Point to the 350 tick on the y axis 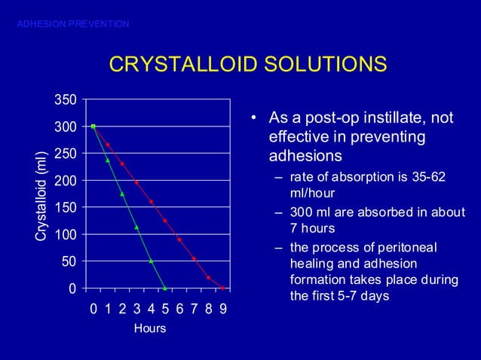click(65, 99)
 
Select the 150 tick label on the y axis click(65, 207)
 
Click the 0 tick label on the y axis click(72, 288)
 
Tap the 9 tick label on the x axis click(223, 309)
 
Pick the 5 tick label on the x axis click(165, 309)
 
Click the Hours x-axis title click(149, 329)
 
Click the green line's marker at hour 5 click(165, 288)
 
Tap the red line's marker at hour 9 click(223, 288)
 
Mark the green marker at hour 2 click(122, 194)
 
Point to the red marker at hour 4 click(151, 201)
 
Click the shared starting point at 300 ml click(93, 127)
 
